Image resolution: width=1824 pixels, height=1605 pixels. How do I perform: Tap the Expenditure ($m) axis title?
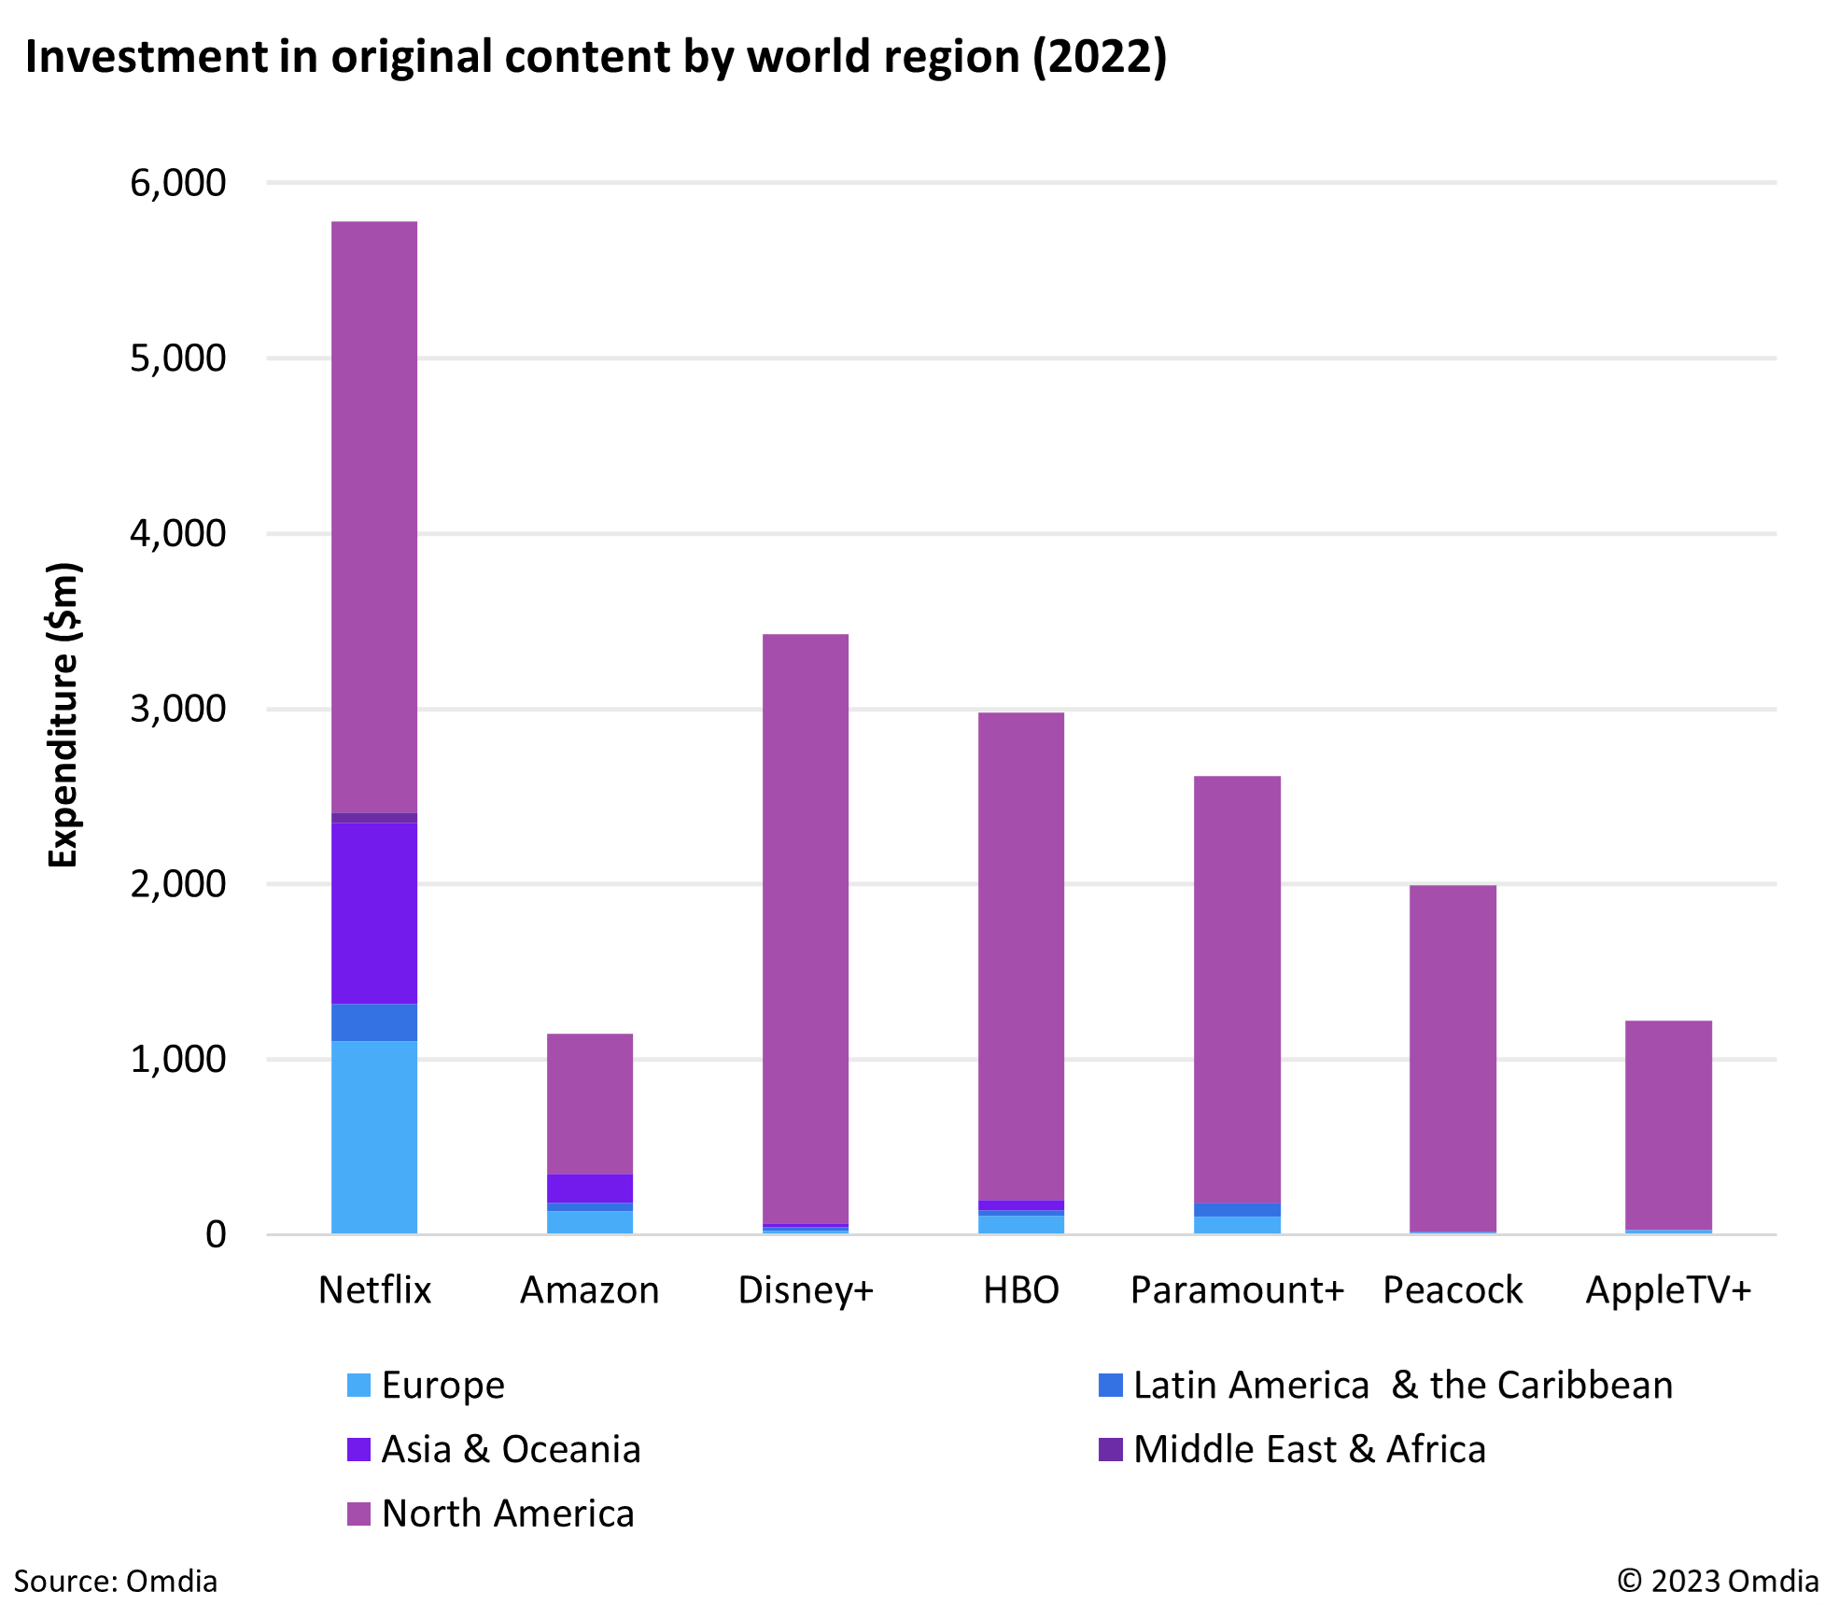[x=63, y=715]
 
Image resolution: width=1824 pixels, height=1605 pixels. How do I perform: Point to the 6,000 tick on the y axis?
[x=177, y=183]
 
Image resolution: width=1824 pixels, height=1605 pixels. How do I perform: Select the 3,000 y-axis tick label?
[x=177, y=709]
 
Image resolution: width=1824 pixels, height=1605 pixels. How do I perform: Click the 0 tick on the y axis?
[x=216, y=1234]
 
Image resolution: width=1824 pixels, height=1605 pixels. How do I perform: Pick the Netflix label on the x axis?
[x=374, y=1289]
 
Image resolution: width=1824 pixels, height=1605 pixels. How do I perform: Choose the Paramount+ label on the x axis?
[x=1237, y=1289]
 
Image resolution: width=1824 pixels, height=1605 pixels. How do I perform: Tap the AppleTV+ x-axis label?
[x=1668, y=1289]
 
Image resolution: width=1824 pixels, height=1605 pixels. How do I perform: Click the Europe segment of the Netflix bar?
[x=374, y=1137]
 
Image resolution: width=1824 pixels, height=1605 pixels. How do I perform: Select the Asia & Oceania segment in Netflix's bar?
[x=374, y=913]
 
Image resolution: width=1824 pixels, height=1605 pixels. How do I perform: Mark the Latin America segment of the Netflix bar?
[x=374, y=1022]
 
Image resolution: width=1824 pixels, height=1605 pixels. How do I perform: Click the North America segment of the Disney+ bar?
[x=806, y=929]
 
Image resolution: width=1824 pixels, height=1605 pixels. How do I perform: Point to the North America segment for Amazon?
[x=590, y=1104]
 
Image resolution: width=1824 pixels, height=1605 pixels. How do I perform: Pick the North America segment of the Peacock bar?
[x=1452, y=1058]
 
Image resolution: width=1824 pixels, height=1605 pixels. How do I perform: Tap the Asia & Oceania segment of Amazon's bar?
[x=590, y=1189]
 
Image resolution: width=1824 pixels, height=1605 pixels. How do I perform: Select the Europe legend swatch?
[x=359, y=1385]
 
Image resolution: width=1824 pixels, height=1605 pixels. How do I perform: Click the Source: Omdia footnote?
[x=116, y=1581]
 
